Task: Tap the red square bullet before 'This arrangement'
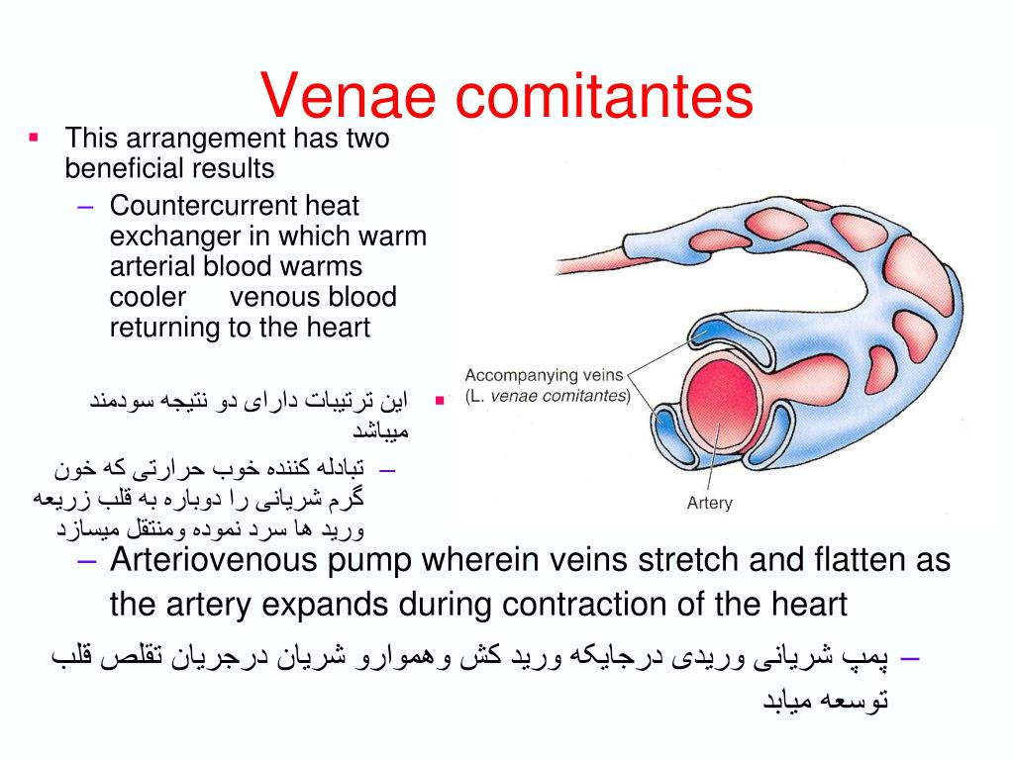(x=33, y=137)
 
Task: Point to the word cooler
(x=148, y=297)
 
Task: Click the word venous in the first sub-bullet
(x=276, y=297)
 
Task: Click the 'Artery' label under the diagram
(x=709, y=503)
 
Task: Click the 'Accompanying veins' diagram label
(x=545, y=375)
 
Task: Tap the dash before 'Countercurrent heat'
(x=86, y=206)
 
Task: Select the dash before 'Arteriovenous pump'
(x=86, y=561)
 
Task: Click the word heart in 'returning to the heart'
(x=337, y=328)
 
